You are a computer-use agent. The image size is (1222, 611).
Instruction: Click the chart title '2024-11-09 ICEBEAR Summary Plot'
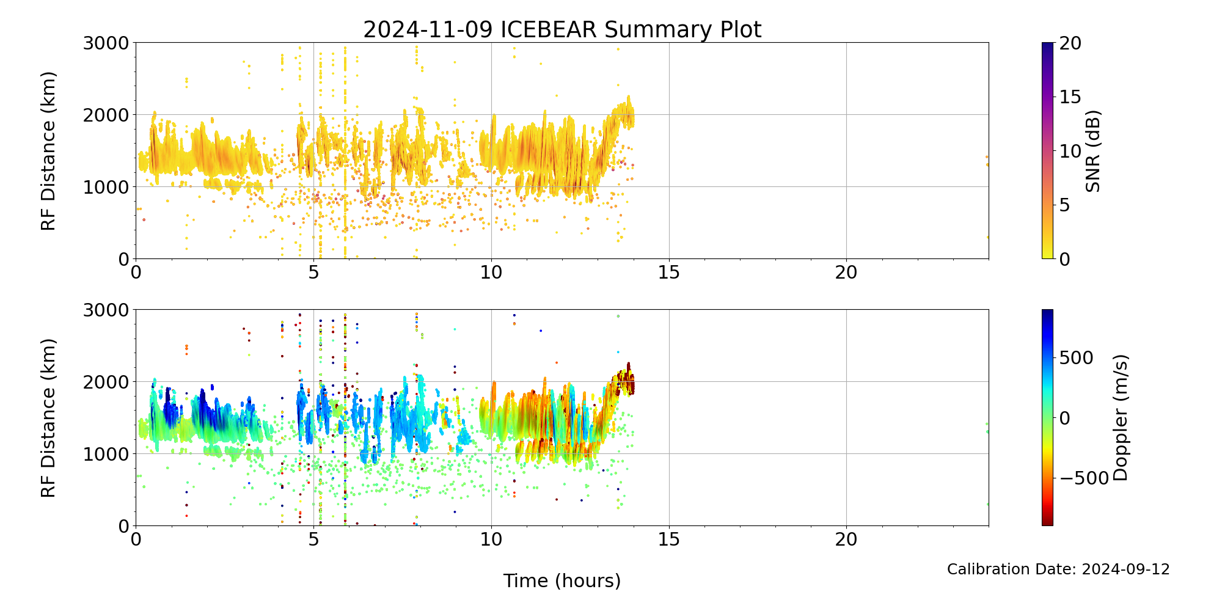pyautogui.click(x=562, y=29)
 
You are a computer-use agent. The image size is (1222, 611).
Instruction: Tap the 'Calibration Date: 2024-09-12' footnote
pyautogui.click(x=1058, y=569)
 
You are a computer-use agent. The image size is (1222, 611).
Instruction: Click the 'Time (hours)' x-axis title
pyautogui.click(x=562, y=580)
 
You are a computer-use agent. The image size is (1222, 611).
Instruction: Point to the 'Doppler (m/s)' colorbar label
pyautogui.click(x=1121, y=418)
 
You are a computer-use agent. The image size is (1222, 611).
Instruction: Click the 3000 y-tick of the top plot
pyautogui.click(x=106, y=43)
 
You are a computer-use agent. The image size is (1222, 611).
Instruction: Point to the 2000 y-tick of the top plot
pyautogui.click(x=106, y=115)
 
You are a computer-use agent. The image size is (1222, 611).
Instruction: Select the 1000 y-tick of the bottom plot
pyautogui.click(x=106, y=454)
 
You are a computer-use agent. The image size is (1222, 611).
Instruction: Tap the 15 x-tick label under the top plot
pyautogui.click(x=669, y=273)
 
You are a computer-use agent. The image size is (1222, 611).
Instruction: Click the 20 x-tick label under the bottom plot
pyautogui.click(x=846, y=540)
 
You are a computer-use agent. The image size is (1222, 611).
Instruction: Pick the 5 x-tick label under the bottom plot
pyautogui.click(x=313, y=540)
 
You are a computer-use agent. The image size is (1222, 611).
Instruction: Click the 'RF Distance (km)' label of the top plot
pyautogui.click(x=48, y=151)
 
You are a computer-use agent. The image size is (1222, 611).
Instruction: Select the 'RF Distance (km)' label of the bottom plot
pyautogui.click(x=48, y=418)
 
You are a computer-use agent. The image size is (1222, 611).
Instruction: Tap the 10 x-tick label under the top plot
pyautogui.click(x=491, y=273)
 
